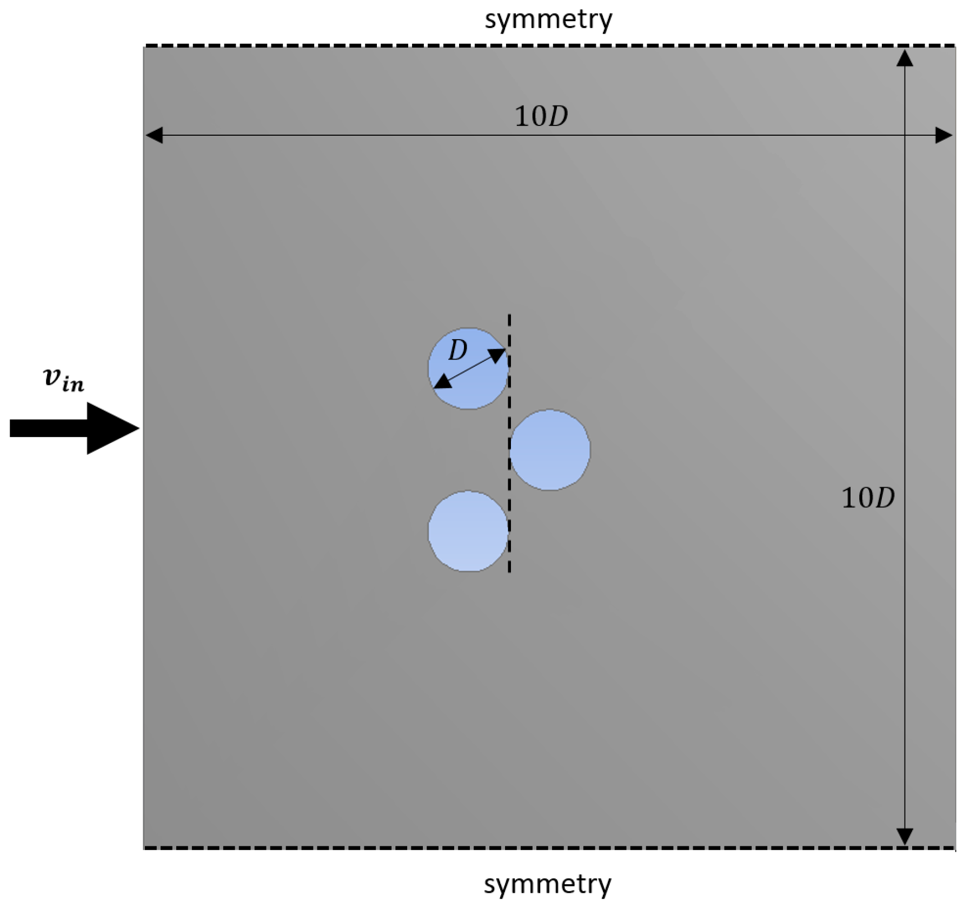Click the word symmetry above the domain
548,20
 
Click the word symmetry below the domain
547,885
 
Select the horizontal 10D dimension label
541,117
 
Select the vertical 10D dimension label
868,498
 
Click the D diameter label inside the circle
458,351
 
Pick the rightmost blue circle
550,450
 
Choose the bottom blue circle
468,531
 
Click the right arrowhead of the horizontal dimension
944,135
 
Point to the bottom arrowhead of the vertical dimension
905,836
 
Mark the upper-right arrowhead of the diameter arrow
498,355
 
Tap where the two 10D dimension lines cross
905,135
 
